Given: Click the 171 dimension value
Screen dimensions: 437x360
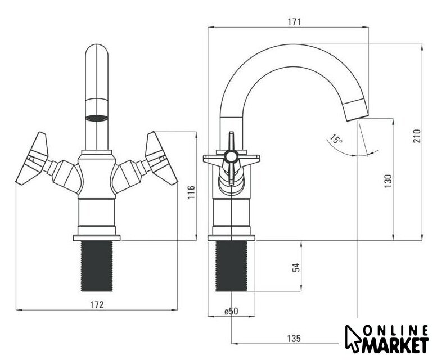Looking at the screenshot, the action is pyautogui.click(x=294, y=22).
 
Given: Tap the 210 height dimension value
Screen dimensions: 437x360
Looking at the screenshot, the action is pyautogui.click(x=417, y=136).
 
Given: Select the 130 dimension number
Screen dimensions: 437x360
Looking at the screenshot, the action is pyautogui.click(x=388, y=181).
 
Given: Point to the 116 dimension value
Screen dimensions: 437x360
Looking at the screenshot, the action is pyautogui.click(x=191, y=192).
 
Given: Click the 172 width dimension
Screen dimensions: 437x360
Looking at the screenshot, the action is pyautogui.click(x=97, y=304).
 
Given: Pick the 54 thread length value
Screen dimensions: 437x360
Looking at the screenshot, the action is pyautogui.click(x=297, y=267).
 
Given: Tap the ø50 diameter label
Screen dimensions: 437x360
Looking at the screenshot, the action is pyautogui.click(x=231, y=311).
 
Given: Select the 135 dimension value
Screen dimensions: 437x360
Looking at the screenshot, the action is pyautogui.click(x=294, y=339).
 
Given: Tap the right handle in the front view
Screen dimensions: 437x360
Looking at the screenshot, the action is pyautogui.click(x=161, y=158).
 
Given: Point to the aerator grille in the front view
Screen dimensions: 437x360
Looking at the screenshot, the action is pyautogui.click(x=96, y=118).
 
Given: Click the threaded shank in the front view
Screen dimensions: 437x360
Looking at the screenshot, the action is pyautogui.click(x=97, y=266).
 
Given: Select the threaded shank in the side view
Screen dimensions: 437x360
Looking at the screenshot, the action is pyautogui.click(x=231, y=266).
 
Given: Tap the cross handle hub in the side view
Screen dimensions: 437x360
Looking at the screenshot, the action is pyautogui.click(x=231, y=157).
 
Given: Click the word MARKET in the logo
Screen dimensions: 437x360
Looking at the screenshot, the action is pyautogui.click(x=395, y=345).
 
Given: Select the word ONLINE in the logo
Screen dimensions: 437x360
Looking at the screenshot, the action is pyautogui.click(x=396, y=330).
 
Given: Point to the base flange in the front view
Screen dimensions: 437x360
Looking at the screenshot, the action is pyautogui.click(x=97, y=238).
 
